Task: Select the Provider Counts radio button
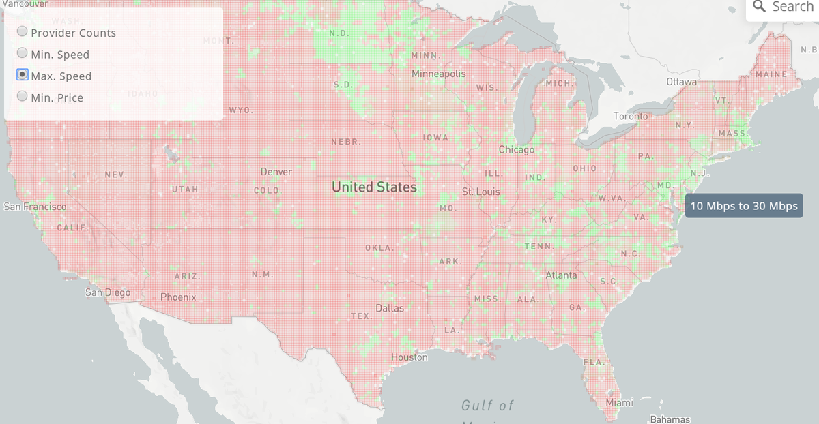pyautogui.click(x=23, y=32)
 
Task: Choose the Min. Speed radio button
pyautogui.click(x=23, y=53)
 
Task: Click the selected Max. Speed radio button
pyautogui.click(x=23, y=75)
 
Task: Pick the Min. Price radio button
pyautogui.click(x=23, y=97)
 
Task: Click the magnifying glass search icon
pyautogui.click(x=759, y=7)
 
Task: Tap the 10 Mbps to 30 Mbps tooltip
pyautogui.click(x=743, y=206)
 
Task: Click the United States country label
pyautogui.click(x=374, y=187)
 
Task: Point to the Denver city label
pyautogui.click(x=276, y=172)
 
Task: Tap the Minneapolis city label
pyautogui.click(x=439, y=73)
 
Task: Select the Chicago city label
pyautogui.click(x=517, y=149)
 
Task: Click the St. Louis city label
pyautogui.click(x=481, y=192)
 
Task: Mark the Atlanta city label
pyautogui.click(x=561, y=275)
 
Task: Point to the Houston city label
pyautogui.click(x=409, y=357)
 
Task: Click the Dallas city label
pyautogui.click(x=390, y=308)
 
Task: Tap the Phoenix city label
pyautogui.click(x=178, y=297)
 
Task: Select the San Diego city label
pyautogui.click(x=107, y=292)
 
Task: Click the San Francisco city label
pyautogui.click(x=35, y=207)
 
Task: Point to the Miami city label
pyautogui.click(x=620, y=402)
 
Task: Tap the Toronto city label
pyautogui.click(x=631, y=117)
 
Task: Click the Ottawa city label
pyautogui.click(x=682, y=82)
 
